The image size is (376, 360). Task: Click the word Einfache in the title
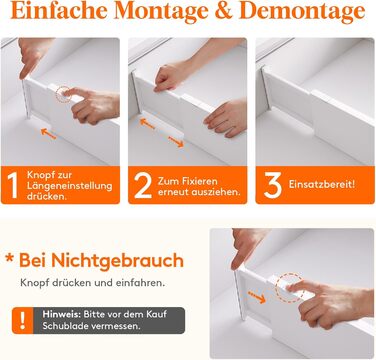point(59,11)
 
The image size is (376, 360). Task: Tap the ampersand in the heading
point(224,11)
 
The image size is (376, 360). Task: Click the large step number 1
point(12,186)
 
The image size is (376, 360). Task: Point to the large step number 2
point(142,186)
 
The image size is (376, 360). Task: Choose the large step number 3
point(272,185)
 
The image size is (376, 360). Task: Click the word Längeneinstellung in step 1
point(69,186)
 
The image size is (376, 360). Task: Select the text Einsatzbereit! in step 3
point(322,184)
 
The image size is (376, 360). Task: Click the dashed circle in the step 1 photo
point(63,94)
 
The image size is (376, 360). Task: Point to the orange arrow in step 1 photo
point(48,133)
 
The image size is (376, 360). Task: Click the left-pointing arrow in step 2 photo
point(147,123)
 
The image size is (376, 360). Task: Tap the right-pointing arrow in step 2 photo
point(176,142)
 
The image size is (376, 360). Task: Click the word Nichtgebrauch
point(117,261)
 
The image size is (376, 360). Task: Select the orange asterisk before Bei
point(9,258)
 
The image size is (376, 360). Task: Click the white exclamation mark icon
point(23,320)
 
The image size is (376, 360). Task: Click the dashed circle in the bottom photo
point(289,287)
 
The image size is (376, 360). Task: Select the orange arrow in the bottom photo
point(257,297)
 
